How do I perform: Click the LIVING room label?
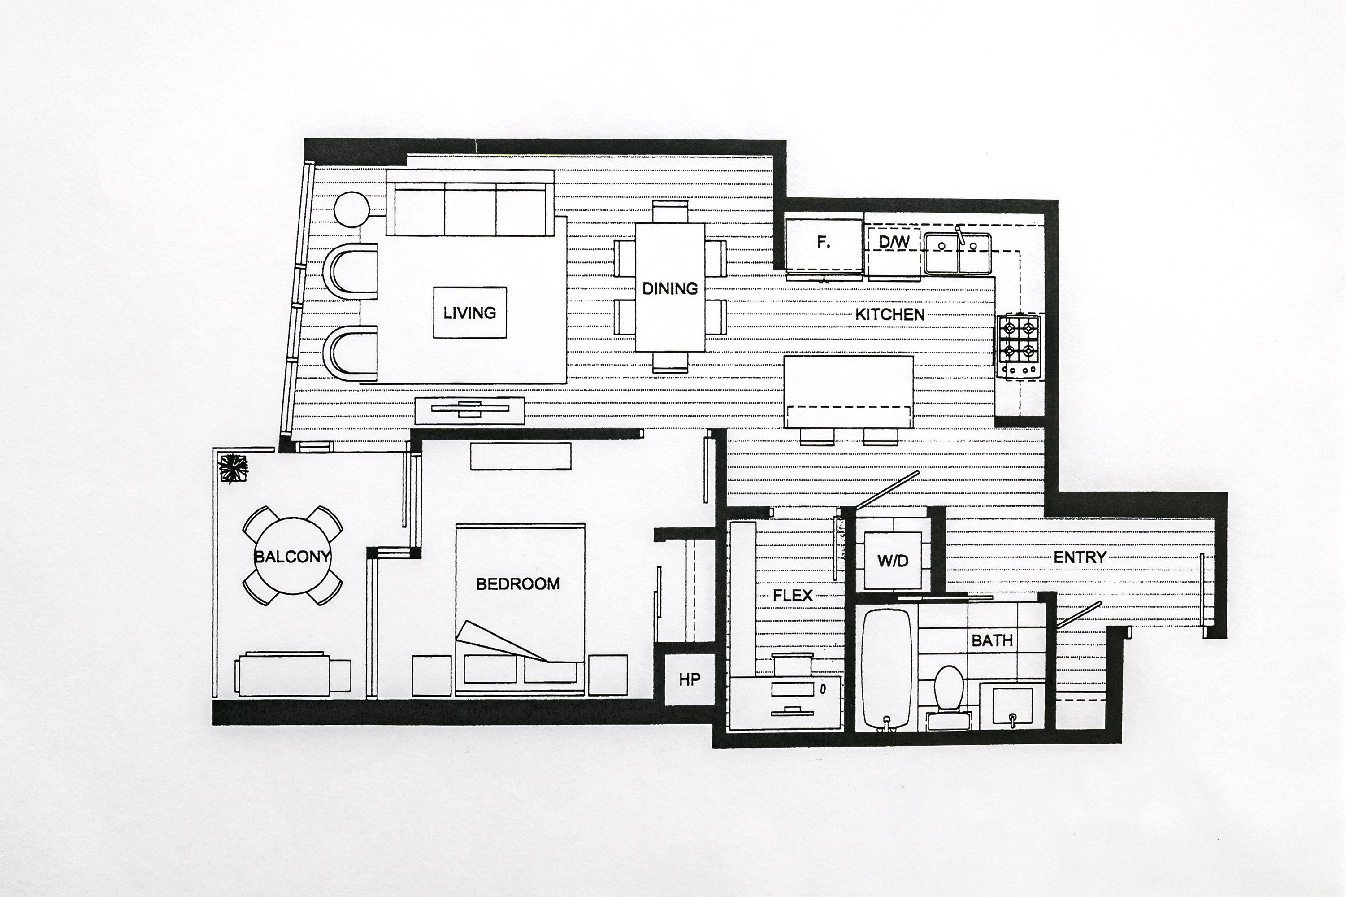coord(469,313)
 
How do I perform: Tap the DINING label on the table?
coord(670,288)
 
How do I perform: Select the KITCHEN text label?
coord(890,314)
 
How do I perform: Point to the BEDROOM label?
coord(517,583)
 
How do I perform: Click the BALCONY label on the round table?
coord(292,557)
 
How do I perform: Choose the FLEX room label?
coord(793,596)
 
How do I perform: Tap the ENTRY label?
coord(1080,557)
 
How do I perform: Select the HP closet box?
coord(689,679)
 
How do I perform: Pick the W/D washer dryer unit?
coord(893,561)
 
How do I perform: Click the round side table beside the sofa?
coord(351,209)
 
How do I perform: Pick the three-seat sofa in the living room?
coord(470,203)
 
